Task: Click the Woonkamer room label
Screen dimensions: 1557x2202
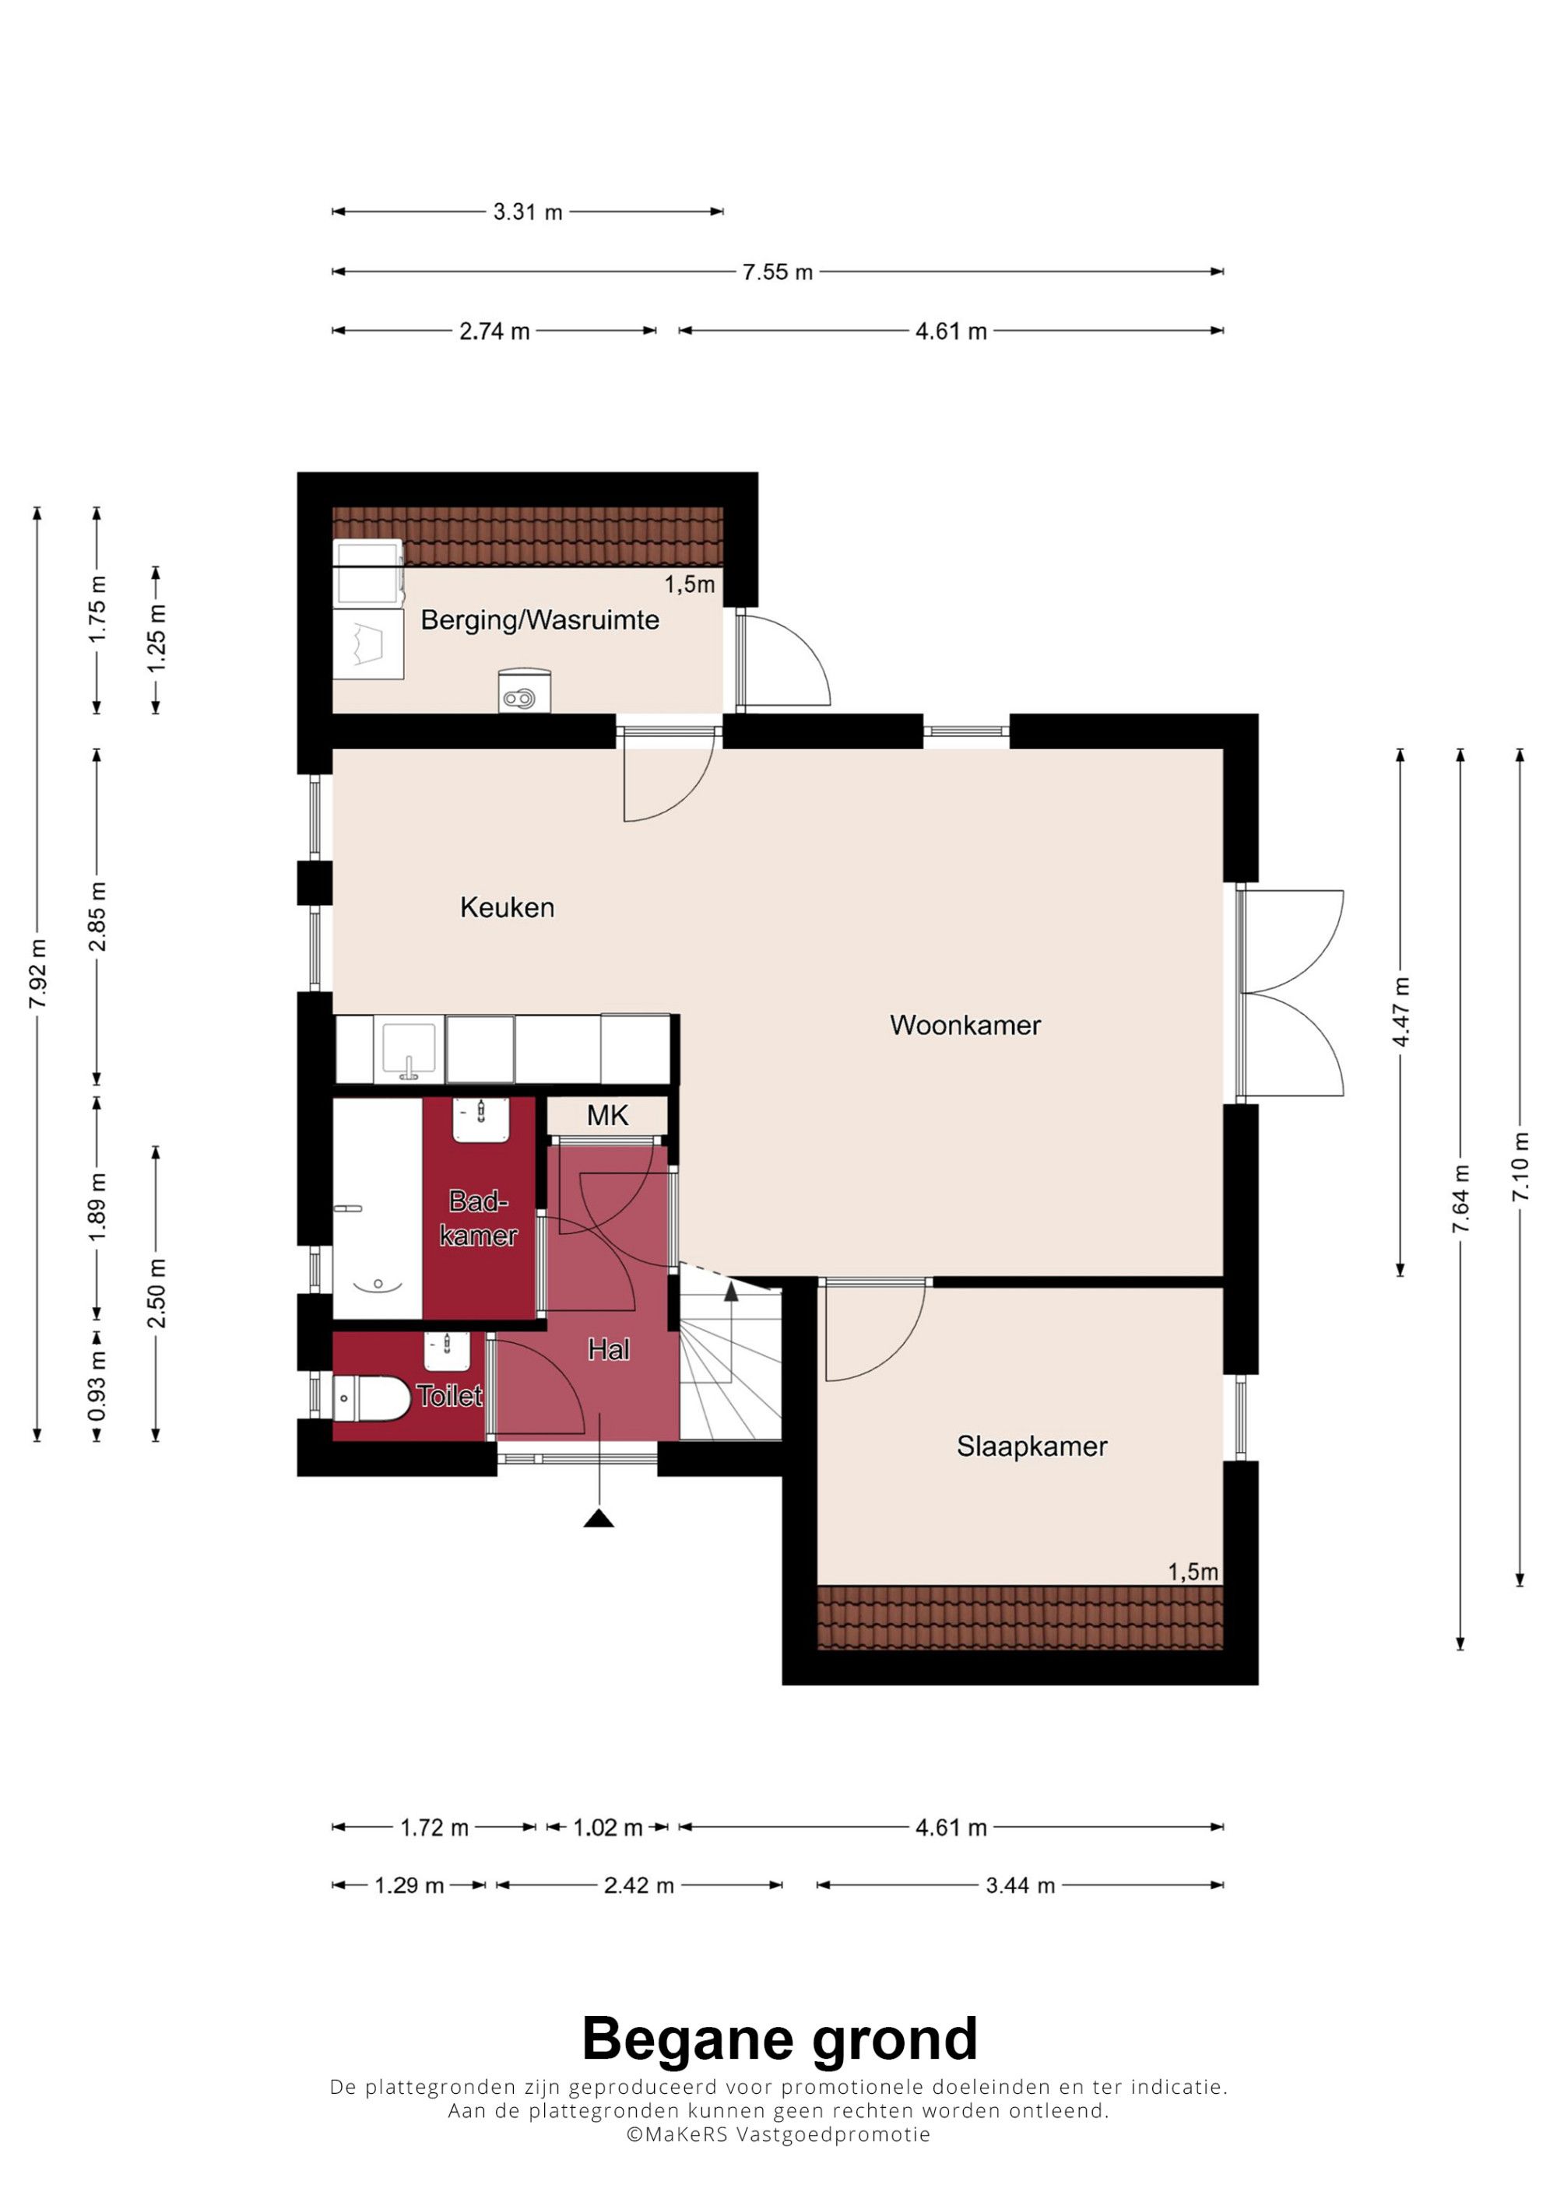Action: coord(965,1026)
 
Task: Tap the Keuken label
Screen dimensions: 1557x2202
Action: coord(507,907)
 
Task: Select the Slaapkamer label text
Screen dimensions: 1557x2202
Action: coord(1032,1446)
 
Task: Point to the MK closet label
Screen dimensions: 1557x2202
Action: coord(607,1115)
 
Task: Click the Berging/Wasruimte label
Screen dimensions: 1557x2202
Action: coord(540,620)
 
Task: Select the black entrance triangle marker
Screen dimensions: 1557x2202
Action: coord(599,1517)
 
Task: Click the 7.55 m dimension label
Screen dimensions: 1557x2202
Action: coord(777,272)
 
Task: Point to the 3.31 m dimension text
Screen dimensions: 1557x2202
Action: coord(528,212)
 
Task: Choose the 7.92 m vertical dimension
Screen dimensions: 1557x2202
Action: coord(38,973)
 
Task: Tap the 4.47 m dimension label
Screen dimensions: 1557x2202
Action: coord(1401,1013)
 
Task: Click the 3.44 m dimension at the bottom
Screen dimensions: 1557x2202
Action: coord(1020,1885)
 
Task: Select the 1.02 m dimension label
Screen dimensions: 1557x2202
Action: coord(607,1828)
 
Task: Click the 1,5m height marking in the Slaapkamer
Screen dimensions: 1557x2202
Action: coord(1193,1572)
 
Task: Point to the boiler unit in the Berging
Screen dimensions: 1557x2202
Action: coord(525,690)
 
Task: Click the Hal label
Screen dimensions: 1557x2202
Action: coord(608,1350)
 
